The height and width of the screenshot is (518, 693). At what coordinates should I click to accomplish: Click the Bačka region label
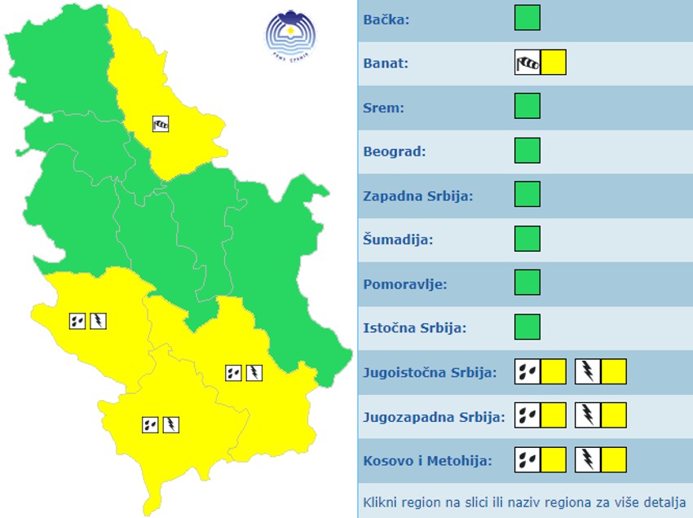pyautogui.click(x=386, y=20)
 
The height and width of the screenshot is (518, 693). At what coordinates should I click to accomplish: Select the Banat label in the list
pyautogui.click(x=386, y=64)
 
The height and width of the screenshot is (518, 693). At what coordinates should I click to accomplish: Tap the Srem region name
pyautogui.click(x=383, y=108)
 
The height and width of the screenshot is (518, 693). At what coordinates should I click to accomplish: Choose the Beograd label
pyautogui.click(x=395, y=151)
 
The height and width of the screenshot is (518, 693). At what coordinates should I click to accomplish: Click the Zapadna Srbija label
pyautogui.click(x=418, y=196)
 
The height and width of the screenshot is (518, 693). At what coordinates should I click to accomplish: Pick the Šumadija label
pyautogui.click(x=398, y=240)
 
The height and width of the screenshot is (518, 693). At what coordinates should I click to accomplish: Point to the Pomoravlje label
pyautogui.click(x=405, y=284)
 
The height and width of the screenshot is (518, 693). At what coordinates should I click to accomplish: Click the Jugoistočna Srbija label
pyautogui.click(x=430, y=373)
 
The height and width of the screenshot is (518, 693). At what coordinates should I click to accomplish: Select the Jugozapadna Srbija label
pyautogui.click(x=434, y=417)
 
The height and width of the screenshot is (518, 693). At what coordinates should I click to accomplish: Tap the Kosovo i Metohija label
pyautogui.click(x=427, y=461)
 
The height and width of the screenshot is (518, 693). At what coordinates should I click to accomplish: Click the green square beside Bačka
pyautogui.click(x=527, y=18)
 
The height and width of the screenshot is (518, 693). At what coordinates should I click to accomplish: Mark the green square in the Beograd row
pyautogui.click(x=527, y=151)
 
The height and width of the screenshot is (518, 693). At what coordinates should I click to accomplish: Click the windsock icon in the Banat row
pyautogui.click(x=527, y=63)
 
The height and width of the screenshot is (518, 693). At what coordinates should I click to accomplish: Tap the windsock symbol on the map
pyautogui.click(x=161, y=124)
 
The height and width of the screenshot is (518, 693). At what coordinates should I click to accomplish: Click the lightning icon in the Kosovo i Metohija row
pyautogui.click(x=587, y=460)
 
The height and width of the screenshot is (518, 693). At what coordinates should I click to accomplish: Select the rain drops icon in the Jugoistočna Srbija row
pyautogui.click(x=527, y=372)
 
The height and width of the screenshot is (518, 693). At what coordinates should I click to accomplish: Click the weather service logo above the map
pyautogui.click(x=290, y=34)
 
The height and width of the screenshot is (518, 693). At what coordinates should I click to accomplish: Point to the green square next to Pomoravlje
pyautogui.click(x=527, y=283)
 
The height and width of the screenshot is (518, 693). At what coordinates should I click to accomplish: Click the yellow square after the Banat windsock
pyautogui.click(x=554, y=63)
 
